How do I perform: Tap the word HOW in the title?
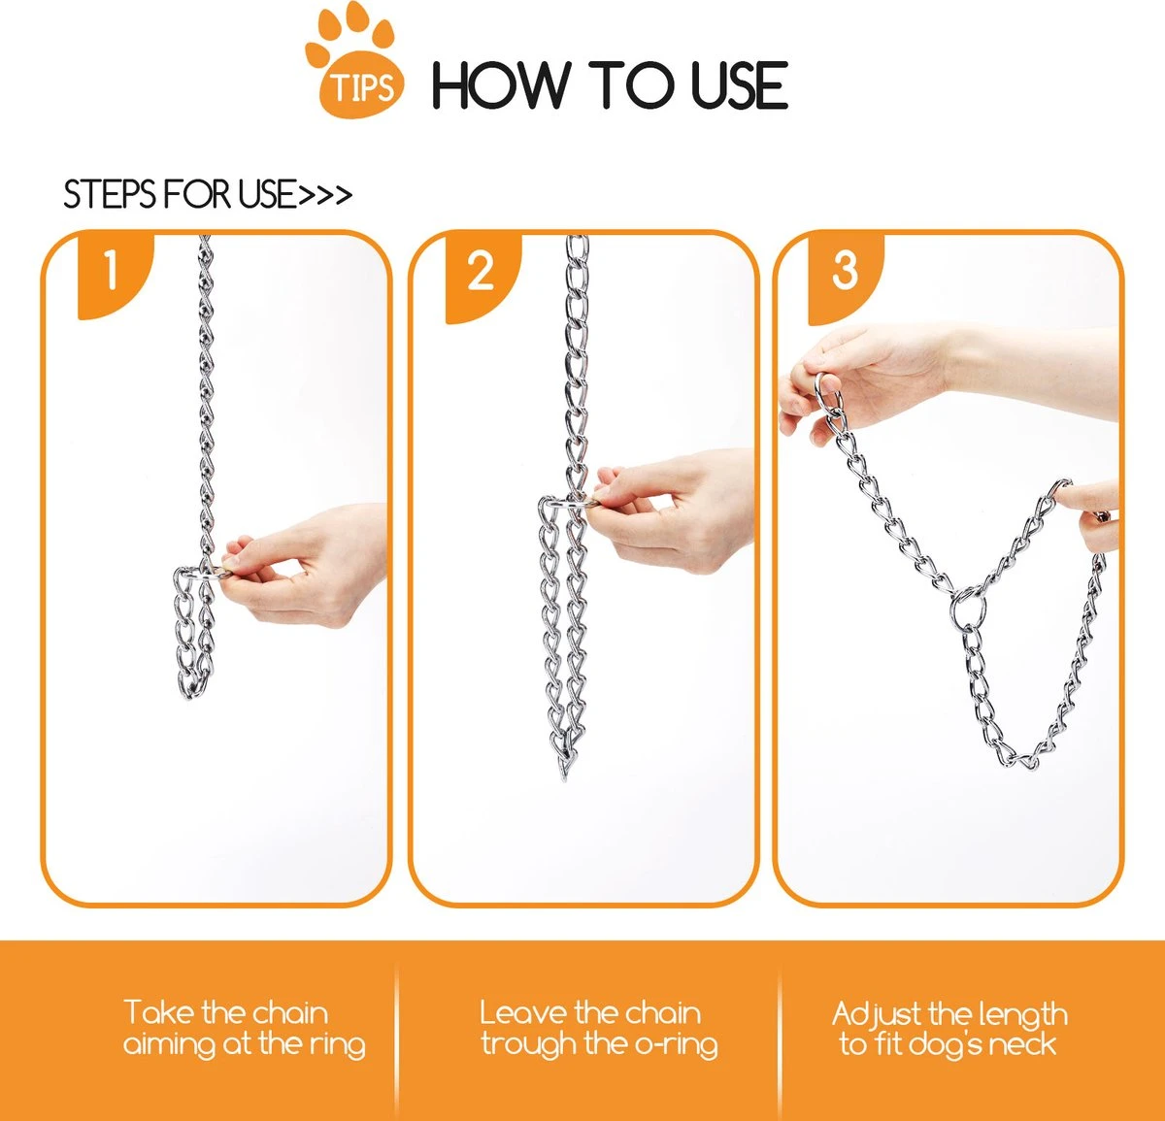point(499,85)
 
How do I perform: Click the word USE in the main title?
point(738,85)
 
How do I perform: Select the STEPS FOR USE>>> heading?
point(207,195)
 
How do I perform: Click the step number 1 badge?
point(111,270)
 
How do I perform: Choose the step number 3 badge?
point(845,271)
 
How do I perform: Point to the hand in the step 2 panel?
point(680,505)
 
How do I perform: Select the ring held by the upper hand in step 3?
point(828,393)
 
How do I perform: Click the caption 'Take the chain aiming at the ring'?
point(244,1029)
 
